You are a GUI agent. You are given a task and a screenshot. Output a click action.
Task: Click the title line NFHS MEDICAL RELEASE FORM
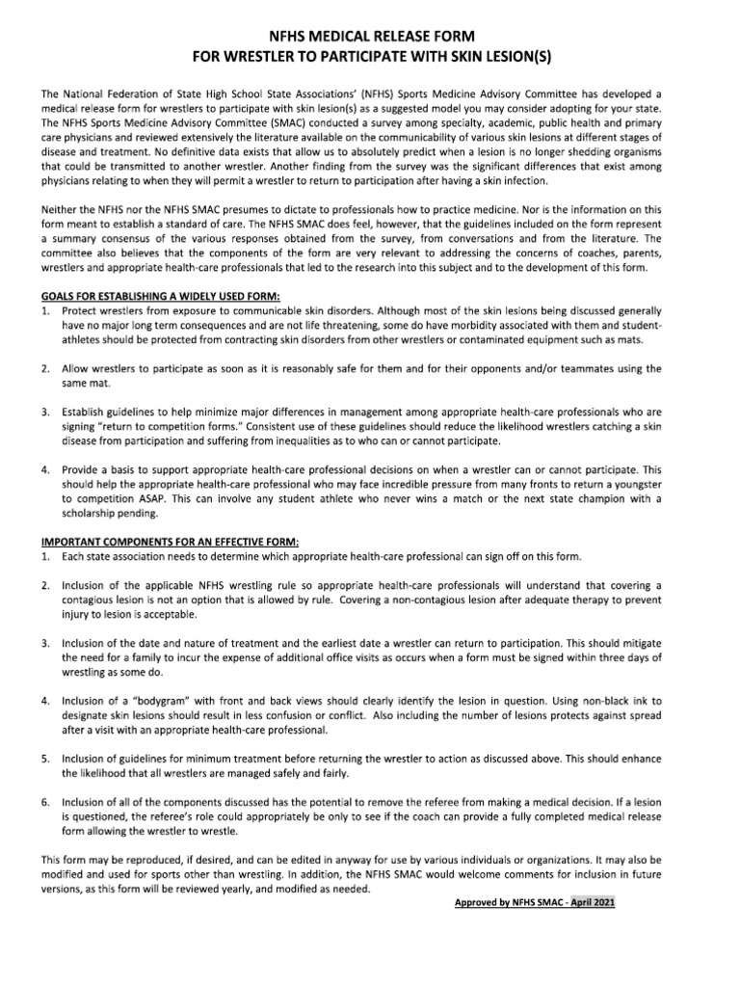tap(370, 36)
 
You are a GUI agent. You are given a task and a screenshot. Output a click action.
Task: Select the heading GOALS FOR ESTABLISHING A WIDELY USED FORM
tap(160, 296)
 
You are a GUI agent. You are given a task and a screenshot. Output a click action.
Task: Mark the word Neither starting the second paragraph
tap(61, 209)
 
